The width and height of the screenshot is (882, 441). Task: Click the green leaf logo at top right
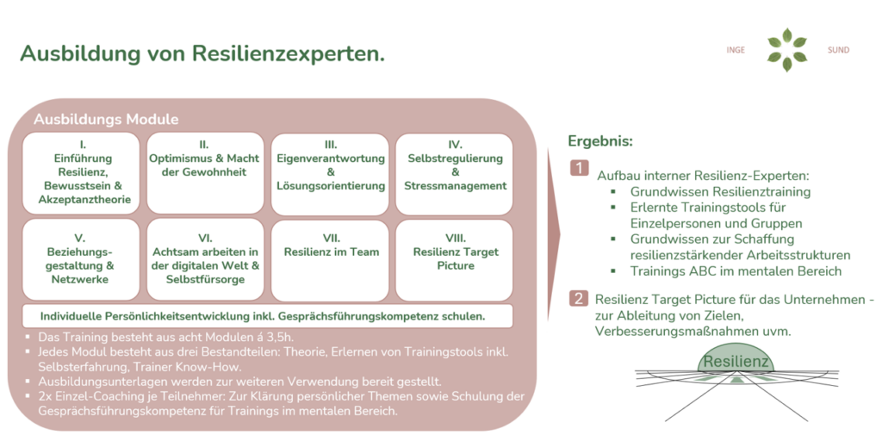[787, 50]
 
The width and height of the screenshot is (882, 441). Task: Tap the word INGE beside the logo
[736, 50]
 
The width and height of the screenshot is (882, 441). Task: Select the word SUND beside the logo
[838, 50]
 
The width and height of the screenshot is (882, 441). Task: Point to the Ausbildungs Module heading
[106, 119]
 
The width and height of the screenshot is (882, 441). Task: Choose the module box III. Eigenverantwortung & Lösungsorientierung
[331, 172]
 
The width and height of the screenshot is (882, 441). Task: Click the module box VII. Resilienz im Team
[331, 260]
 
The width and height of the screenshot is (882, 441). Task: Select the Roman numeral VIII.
[456, 238]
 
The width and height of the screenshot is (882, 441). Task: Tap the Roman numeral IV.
[456, 145]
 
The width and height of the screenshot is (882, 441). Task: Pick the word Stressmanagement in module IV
[456, 186]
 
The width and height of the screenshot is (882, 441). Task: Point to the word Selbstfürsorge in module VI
[205, 280]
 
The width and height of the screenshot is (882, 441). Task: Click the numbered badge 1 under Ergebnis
[580, 168]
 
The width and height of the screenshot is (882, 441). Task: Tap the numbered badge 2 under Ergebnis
[580, 299]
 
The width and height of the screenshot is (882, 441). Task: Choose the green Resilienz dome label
[736, 361]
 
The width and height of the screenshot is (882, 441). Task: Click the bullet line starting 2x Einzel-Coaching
[276, 403]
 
